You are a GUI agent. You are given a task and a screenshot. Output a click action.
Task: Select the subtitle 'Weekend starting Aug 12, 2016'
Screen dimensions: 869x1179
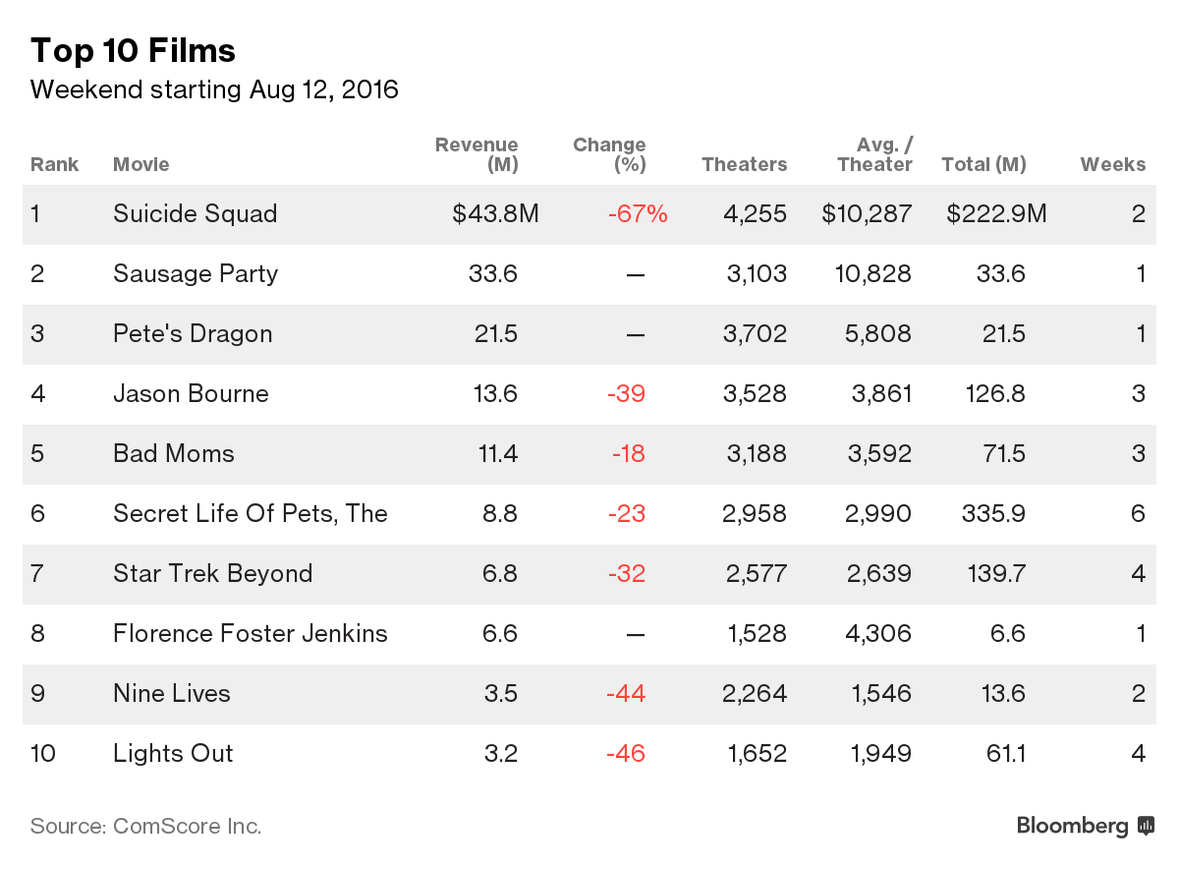tap(214, 90)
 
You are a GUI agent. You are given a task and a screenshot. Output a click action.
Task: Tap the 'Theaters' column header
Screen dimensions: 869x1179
tap(744, 164)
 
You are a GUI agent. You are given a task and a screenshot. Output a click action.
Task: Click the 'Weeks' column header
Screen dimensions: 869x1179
tap(1112, 164)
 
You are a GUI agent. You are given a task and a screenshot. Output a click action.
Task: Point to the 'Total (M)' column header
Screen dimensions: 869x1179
tap(982, 164)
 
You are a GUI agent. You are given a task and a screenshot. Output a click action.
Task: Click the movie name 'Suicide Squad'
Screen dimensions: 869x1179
tap(195, 214)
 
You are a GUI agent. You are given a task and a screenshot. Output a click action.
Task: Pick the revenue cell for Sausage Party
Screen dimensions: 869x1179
tap(493, 274)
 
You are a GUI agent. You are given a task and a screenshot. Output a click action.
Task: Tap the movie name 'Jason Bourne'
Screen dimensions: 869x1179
tap(191, 394)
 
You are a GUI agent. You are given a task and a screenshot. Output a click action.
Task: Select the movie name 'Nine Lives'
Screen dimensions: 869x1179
tap(171, 694)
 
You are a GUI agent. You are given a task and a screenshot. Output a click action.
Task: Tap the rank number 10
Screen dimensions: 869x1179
tap(43, 754)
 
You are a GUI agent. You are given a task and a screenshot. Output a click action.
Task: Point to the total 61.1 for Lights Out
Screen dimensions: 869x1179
tap(1002, 754)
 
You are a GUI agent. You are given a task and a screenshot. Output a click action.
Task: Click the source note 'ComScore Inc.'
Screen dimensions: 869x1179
tap(187, 826)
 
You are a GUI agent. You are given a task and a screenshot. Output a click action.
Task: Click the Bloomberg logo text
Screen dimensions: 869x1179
tap(1072, 826)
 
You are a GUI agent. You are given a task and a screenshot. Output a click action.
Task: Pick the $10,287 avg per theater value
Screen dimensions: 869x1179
tap(867, 214)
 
